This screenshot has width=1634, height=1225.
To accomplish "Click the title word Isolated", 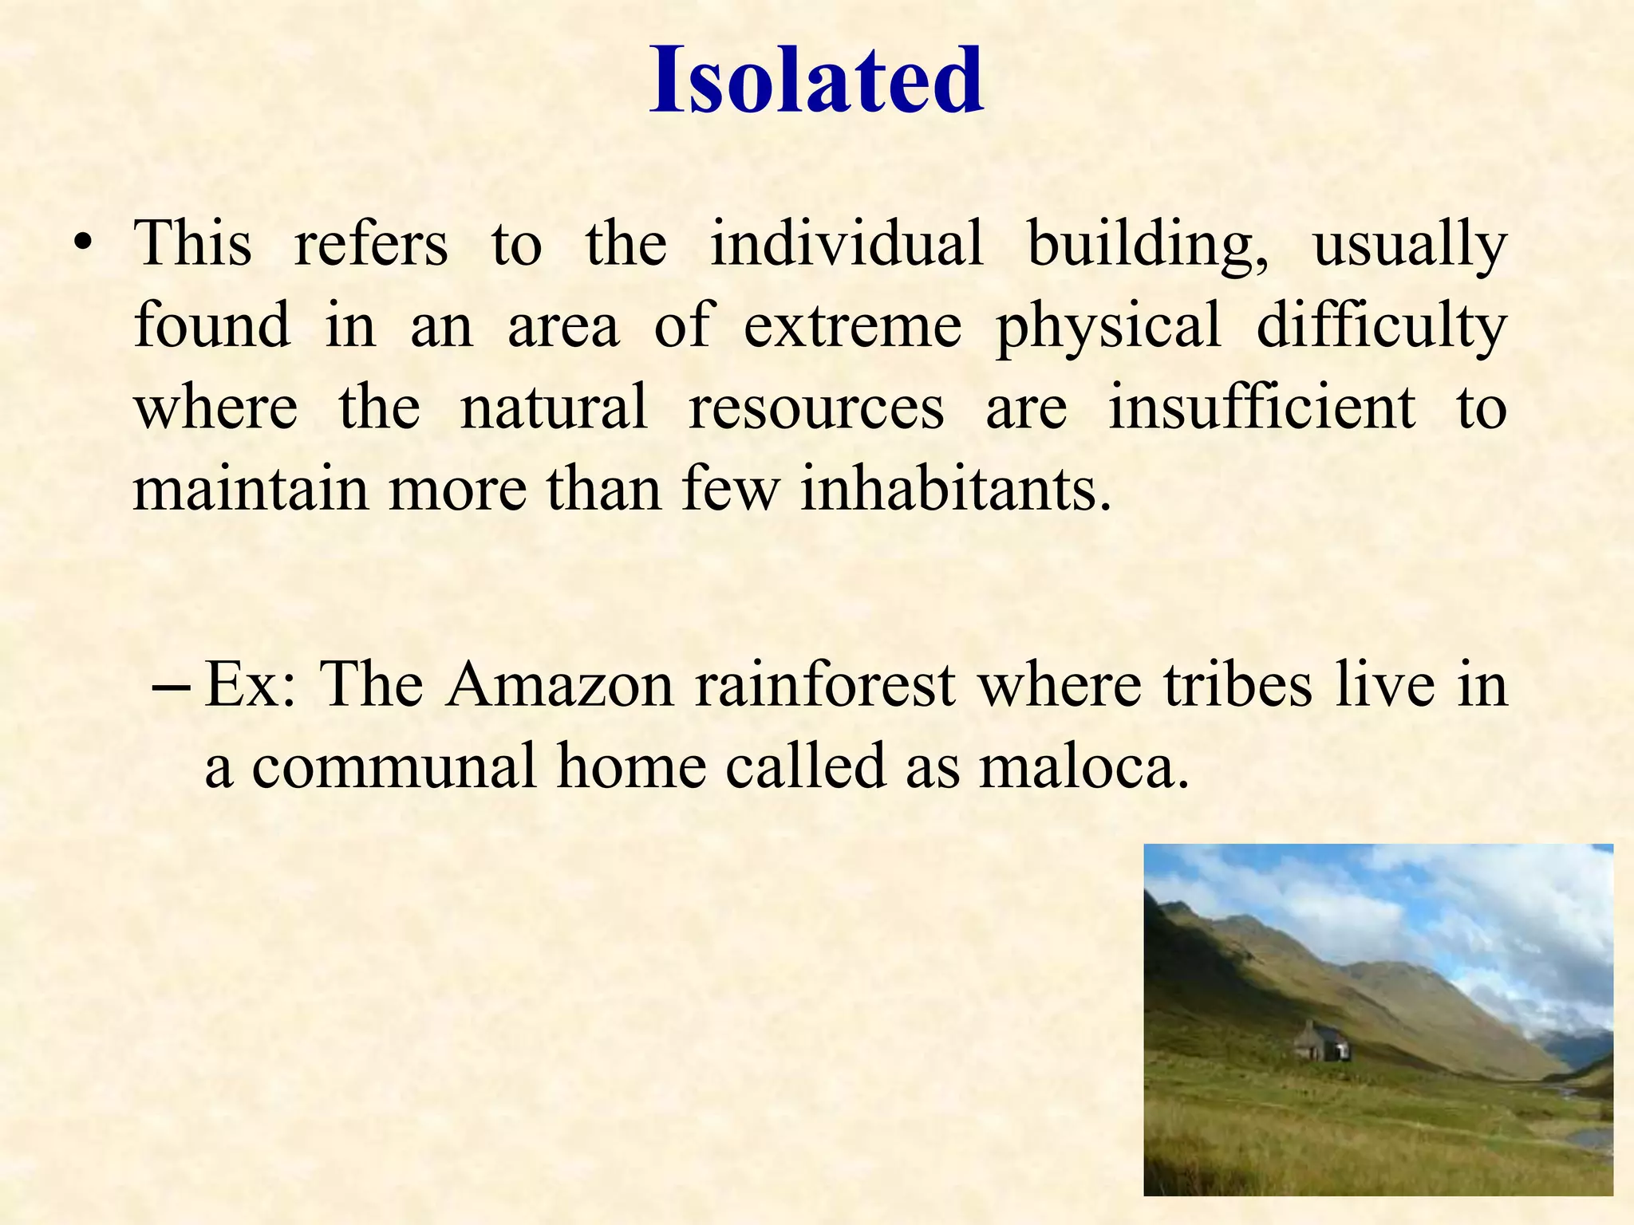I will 816,80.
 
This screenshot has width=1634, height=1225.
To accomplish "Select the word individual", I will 847,243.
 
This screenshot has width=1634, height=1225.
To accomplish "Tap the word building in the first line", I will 1147,243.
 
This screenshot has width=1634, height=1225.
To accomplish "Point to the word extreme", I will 853,325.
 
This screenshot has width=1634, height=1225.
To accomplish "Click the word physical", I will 1108,325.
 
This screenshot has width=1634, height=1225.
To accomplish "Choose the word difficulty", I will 1381,325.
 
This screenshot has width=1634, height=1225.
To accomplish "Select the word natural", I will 554,407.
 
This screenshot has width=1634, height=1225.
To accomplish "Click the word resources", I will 816,407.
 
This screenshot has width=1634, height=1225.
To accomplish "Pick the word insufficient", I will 1261,407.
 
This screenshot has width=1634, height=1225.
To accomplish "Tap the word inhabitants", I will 955,488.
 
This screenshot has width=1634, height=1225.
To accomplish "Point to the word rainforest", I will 824,685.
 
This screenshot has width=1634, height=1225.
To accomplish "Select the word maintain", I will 251,488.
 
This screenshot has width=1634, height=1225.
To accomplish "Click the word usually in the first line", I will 1409,243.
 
